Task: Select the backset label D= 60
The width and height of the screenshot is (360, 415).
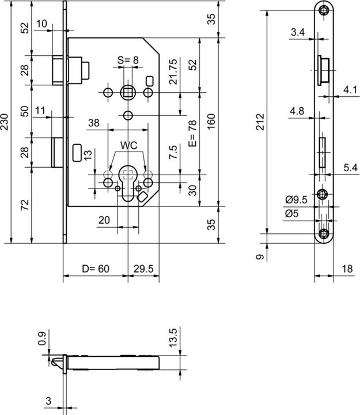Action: click(94, 269)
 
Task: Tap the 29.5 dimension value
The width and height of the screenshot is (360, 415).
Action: click(143, 269)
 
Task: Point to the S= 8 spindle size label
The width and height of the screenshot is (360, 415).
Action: click(128, 59)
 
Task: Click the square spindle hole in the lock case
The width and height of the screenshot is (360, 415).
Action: click(127, 92)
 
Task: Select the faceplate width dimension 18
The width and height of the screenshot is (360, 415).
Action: click(346, 269)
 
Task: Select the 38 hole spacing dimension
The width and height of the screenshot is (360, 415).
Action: click(94, 123)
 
